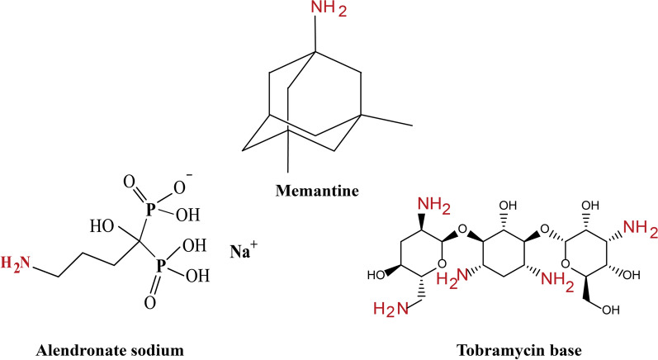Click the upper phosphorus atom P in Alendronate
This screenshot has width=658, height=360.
[x=150, y=210]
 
